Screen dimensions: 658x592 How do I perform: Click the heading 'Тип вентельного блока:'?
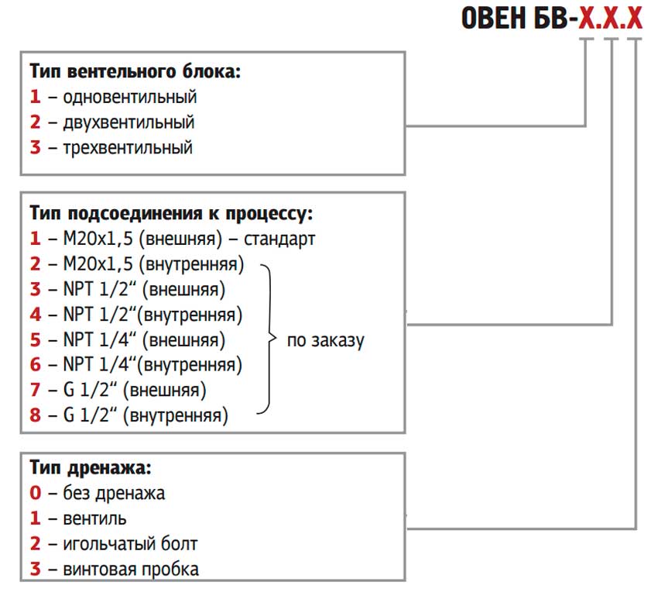coord(135,72)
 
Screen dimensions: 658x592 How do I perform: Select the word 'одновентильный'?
coord(130,97)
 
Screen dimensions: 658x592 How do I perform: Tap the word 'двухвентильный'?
coord(129,122)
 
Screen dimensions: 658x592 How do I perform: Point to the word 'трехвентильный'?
coord(128,148)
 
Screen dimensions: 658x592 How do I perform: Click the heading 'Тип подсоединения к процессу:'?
coord(171,214)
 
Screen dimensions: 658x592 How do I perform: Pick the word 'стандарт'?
coord(279,239)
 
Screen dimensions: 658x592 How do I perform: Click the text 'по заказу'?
coord(326,340)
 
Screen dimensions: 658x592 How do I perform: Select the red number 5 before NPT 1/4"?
coord(36,340)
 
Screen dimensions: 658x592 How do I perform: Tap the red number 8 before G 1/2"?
coord(36,415)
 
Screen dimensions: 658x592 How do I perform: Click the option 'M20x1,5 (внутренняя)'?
coord(153,264)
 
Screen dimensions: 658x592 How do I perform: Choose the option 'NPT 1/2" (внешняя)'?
coord(144,290)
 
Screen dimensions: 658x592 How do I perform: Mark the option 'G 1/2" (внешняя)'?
coord(135,391)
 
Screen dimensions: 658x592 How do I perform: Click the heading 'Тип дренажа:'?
coord(91,468)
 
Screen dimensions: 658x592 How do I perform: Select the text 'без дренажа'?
coord(114,494)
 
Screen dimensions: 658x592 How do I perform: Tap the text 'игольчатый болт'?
coord(130,544)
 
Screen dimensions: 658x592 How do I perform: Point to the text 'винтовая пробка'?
coord(131,570)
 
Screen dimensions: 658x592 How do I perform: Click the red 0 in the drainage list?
coord(36,493)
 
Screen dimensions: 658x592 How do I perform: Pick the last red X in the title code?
coord(635,18)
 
